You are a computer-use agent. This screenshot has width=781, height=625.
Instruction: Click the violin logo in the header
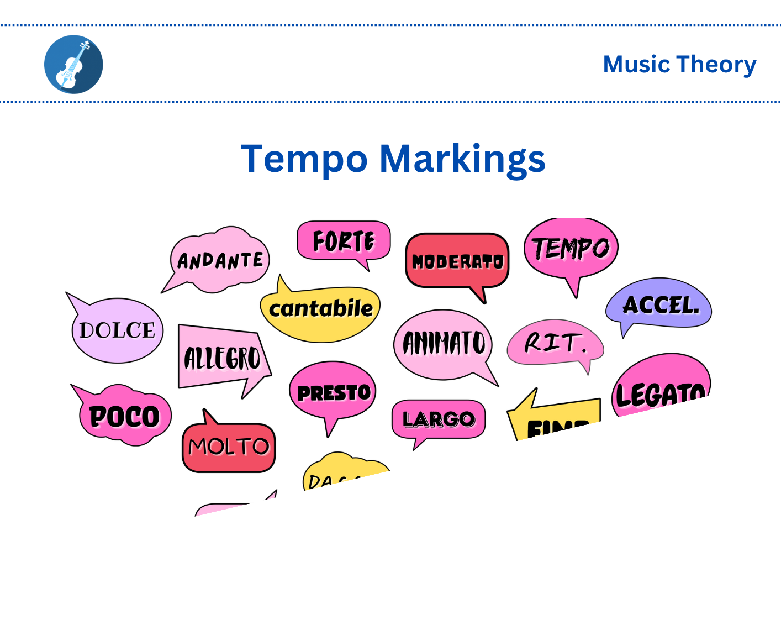coord(73,65)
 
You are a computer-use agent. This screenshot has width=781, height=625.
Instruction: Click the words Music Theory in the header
coord(679,65)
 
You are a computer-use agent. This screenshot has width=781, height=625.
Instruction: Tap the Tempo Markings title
coord(393,159)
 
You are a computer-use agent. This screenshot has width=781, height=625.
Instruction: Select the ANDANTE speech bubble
coord(220,260)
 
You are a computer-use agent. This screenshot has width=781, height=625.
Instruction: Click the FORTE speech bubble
coord(344,241)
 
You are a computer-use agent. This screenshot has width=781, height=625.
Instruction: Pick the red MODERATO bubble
coord(457,261)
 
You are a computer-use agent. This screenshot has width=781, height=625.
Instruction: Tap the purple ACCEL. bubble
coord(660,304)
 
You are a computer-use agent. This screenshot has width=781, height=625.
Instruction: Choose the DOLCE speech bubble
coord(117,330)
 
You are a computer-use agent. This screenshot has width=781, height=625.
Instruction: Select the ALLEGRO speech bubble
coord(222,358)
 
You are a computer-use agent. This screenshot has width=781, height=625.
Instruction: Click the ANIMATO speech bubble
coord(444,344)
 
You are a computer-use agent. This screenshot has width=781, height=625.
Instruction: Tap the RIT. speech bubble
coord(555,343)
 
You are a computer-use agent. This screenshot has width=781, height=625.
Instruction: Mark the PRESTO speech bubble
coord(333,392)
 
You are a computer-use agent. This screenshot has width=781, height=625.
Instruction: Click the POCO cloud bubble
coord(125,416)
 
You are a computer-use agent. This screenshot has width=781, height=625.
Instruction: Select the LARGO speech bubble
coord(439,419)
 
